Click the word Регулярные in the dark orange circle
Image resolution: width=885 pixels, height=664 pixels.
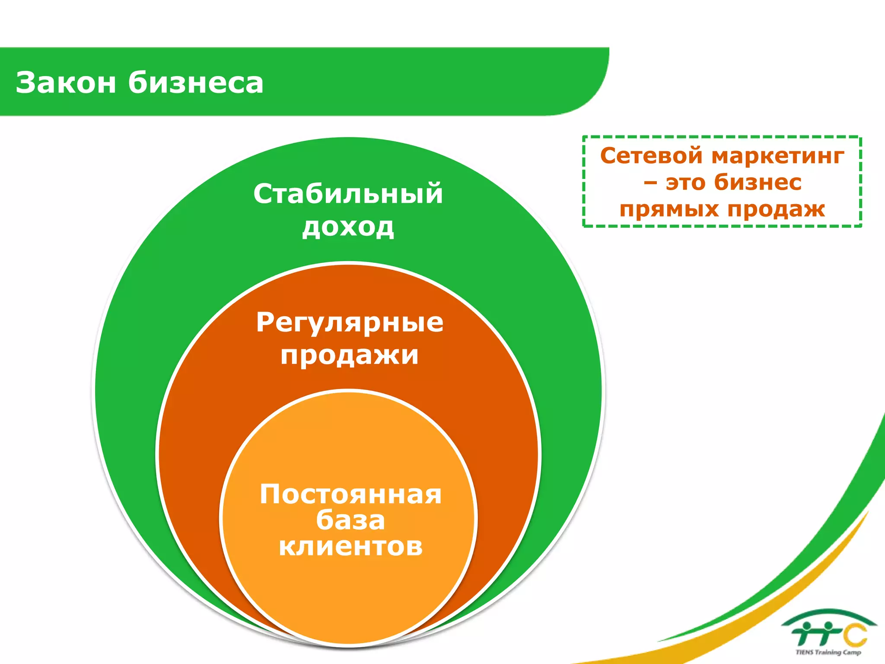pyautogui.click(x=350, y=322)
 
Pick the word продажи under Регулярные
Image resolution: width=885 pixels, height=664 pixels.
pyautogui.click(x=350, y=355)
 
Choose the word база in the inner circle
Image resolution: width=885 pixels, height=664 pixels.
pyautogui.click(x=350, y=520)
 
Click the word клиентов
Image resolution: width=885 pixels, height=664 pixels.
pyautogui.click(x=350, y=546)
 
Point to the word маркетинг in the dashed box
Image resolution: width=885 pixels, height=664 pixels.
pyautogui.click(x=778, y=156)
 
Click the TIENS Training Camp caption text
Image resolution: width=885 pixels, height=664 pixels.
pyautogui.click(x=828, y=652)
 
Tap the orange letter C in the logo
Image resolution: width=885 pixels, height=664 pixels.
pyautogui.click(x=856, y=635)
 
